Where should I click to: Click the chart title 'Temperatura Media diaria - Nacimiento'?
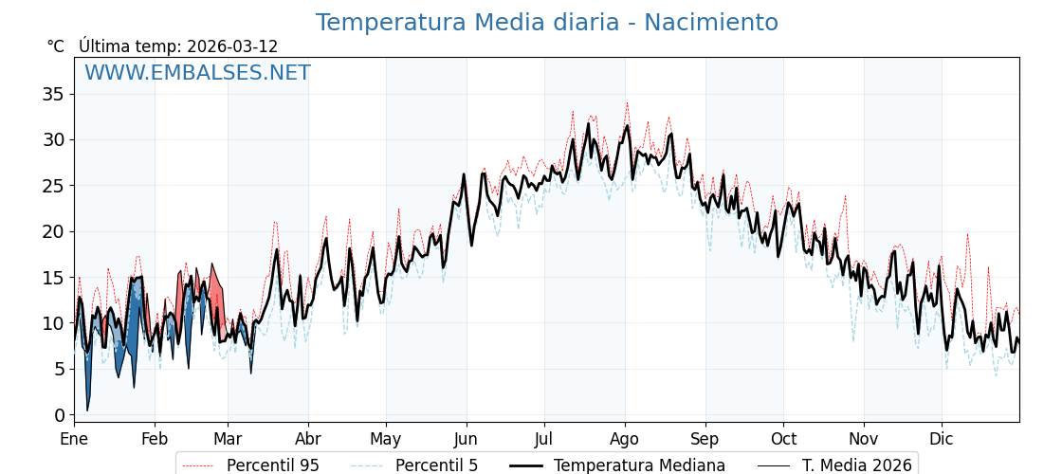tap(546, 23)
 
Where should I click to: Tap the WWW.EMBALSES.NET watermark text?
tap(197, 73)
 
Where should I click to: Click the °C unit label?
tap(56, 46)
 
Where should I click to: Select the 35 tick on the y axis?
tap(53, 94)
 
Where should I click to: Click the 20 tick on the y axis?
tap(53, 231)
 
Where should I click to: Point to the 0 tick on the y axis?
tap(59, 415)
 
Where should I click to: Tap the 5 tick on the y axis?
tap(59, 370)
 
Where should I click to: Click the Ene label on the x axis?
tap(74, 439)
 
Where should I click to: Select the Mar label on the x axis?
tap(228, 439)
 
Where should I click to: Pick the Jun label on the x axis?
tap(466, 439)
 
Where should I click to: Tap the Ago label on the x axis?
tap(625, 439)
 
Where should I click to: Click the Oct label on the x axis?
tap(783, 439)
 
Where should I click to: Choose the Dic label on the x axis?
tap(942, 439)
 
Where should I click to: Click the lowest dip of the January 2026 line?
tap(87, 410)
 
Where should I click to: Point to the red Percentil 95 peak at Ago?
tap(627, 103)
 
